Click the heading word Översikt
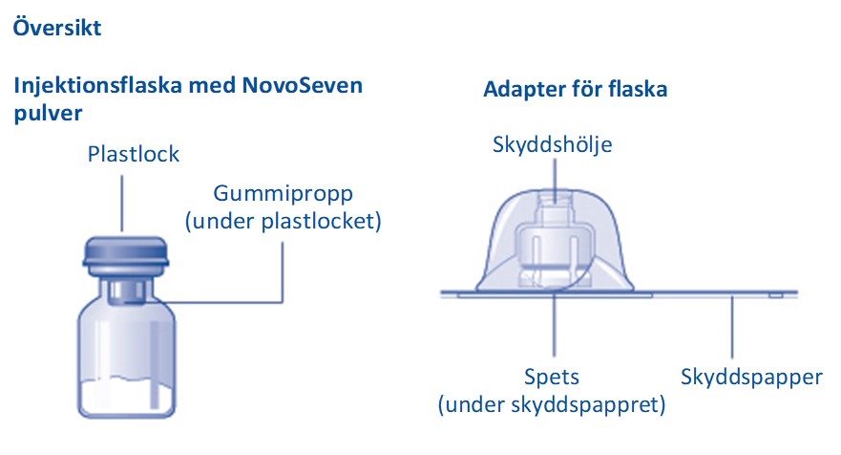click(57, 27)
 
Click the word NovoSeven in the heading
click(303, 85)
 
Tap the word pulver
click(49, 114)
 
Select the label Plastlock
click(134, 154)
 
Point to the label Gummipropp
click(284, 194)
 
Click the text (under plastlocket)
click(284, 222)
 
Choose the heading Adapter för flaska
click(576, 89)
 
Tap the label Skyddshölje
click(553, 144)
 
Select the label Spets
click(552, 378)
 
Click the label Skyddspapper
click(751, 378)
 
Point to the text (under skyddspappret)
click(552, 404)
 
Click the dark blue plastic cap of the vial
click(126, 252)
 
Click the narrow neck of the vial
click(127, 291)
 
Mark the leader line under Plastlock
click(122, 204)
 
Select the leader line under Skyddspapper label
click(732, 327)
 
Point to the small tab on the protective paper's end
click(775, 295)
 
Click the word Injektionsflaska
click(98, 86)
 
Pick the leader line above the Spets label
click(555, 323)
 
